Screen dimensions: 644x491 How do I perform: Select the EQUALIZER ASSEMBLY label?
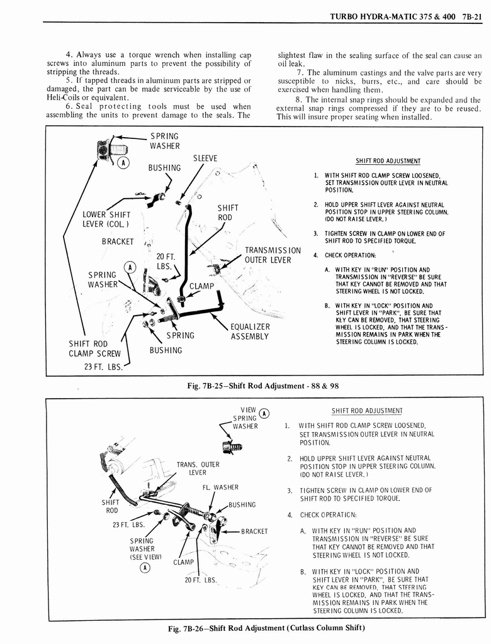click(250, 331)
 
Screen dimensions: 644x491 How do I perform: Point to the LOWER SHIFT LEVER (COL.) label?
click(106, 221)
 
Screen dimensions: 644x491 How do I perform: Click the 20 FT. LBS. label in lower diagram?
click(200, 580)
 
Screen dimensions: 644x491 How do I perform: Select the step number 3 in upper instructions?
click(315, 234)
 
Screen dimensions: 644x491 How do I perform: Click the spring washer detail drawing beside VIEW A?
click(232, 447)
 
